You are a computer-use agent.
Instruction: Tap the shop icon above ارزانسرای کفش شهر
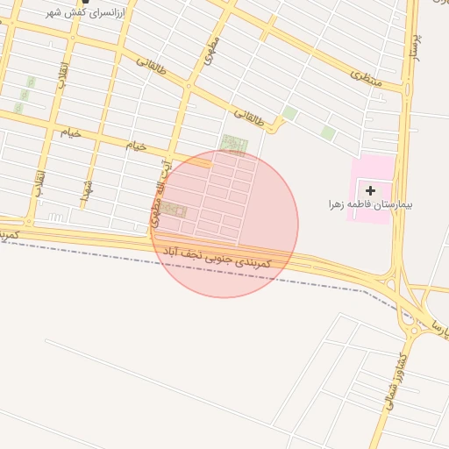85,3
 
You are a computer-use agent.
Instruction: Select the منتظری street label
367,77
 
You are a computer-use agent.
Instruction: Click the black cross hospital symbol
370,189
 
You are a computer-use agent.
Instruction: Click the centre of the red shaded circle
224,224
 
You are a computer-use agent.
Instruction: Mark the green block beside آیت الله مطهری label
173,210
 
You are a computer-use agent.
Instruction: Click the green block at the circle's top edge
233,143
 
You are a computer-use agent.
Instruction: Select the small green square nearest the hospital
328,132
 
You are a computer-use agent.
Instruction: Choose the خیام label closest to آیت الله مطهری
136,145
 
